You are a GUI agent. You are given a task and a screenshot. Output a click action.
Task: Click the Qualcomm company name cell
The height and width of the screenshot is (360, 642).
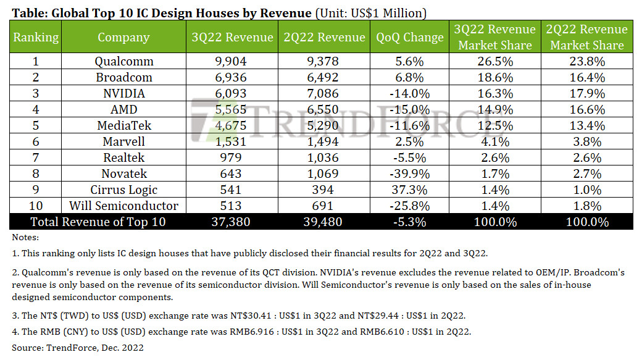click(124, 61)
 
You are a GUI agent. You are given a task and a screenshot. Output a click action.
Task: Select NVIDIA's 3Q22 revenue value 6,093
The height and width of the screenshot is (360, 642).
click(233, 93)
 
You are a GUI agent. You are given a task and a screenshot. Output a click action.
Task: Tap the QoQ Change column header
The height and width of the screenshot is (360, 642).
click(409, 37)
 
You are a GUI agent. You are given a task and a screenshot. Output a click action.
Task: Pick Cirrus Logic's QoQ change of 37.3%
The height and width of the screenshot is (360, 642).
click(409, 190)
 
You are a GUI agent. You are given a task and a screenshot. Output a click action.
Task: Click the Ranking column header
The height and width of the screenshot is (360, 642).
click(36, 37)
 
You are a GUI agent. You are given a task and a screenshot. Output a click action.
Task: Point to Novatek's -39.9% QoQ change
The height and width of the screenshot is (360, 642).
click(409, 174)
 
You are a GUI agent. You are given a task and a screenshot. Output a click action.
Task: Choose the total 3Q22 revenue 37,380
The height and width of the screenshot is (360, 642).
click(233, 222)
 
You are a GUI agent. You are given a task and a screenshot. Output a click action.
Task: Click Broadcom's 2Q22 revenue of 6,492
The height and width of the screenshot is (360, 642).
click(325, 77)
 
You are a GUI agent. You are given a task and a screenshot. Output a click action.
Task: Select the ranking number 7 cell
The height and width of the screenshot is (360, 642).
click(36, 157)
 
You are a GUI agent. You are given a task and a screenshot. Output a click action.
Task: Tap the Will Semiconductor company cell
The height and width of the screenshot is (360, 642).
click(124, 206)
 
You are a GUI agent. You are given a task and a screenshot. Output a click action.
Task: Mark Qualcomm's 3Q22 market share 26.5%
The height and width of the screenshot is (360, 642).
click(494, 61)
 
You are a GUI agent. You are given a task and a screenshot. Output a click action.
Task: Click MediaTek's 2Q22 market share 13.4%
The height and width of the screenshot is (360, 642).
click(587, 125)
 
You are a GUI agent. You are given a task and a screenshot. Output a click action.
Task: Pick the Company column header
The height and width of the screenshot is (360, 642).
click(124, 37)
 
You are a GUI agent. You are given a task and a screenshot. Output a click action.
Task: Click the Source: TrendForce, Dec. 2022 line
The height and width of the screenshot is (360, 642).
click(77, 348)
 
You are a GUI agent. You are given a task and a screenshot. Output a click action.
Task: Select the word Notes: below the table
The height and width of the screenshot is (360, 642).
click(25, 237)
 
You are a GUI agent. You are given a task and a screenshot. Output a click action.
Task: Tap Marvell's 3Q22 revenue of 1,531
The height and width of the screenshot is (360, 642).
click(233, 141)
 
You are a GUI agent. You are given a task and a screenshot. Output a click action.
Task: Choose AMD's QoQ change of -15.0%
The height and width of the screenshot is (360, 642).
click(409, 109)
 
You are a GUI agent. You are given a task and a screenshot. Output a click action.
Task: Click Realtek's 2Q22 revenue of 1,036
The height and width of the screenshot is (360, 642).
click(325, 157)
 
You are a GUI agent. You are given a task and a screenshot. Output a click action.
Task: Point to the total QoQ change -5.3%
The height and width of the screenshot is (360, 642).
click(409, 222)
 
